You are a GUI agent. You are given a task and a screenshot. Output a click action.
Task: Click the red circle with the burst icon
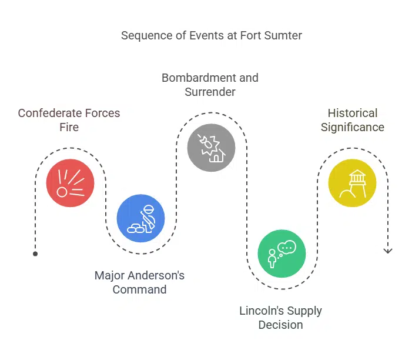(70, 183)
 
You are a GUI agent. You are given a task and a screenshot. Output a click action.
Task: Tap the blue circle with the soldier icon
(140, 218)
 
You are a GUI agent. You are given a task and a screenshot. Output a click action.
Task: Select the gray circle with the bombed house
(211, 148)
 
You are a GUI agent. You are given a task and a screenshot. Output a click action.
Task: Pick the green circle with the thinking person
(282, 254)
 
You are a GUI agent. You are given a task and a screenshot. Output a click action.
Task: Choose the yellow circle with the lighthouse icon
(352, 183)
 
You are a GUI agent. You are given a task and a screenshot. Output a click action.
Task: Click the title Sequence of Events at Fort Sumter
(211, 35)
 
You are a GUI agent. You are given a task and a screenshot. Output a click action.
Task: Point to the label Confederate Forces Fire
(69, 120)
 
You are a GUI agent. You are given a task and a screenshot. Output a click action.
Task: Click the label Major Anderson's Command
(139, 282)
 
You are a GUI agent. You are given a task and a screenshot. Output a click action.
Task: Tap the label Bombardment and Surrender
(210, 85)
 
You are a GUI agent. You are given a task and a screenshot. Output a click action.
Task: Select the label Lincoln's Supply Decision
(280, 318)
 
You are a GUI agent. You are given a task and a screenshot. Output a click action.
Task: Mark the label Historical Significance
(352, 120)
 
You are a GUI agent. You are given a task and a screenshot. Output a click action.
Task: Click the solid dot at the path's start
(35, 254)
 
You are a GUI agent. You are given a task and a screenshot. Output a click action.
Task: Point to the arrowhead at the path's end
(387, 251)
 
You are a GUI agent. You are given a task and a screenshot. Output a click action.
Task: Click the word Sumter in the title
(283, 35)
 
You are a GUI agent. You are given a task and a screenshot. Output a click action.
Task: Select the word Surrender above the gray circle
(210, 92)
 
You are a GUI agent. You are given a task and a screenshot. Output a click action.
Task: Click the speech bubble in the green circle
(287, 248)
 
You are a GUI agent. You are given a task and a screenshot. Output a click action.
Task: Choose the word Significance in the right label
(352, 127)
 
